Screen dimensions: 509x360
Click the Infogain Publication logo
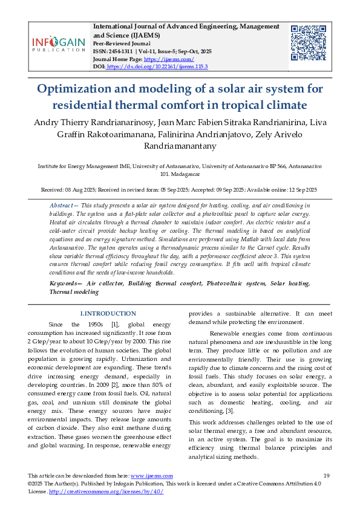tap(59, 44)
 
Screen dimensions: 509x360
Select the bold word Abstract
tap(62, 206)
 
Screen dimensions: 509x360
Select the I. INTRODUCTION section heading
tap(108, 313)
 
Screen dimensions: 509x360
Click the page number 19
tap(326, 476)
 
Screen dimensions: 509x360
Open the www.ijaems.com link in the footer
tap(151, 476)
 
